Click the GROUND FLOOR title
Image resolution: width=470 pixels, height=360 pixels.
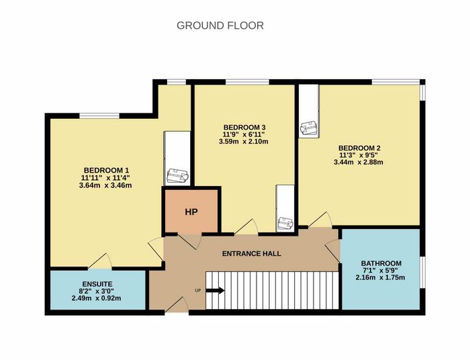click(x=220, y=26)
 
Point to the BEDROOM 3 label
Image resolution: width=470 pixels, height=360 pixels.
click(x=244, y=127)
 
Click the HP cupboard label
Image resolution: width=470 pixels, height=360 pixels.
click(x=191, y=212)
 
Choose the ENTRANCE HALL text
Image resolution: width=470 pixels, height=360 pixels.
click(x=252, y=254)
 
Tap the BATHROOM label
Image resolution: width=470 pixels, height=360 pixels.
click(x=381, y=263)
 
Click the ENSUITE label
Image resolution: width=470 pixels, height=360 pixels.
click(x=97, y=284)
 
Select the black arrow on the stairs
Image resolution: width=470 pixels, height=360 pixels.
click(x=216, y=290)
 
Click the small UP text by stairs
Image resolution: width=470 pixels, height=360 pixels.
click(x=198, y=290)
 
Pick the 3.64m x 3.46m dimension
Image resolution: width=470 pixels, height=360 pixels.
click(x=105, y=185)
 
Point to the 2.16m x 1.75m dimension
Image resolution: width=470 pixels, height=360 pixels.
click(x=380, y=277)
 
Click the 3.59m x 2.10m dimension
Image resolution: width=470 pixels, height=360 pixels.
click(x=243, y=142)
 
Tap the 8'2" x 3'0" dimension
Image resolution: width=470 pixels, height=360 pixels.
click(x=96, y=291)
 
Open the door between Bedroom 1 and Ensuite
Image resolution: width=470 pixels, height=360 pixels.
click(x=100, y=261)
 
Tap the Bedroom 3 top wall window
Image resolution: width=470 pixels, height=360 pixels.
click(x=247, y=82)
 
